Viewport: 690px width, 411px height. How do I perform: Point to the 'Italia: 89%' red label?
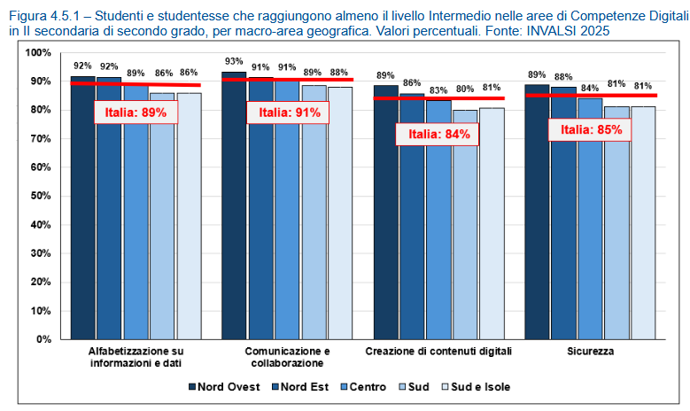pyautogui.click(x=136, y=112)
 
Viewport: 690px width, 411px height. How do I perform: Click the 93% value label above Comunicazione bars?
pyautogui.click(x=234, y=62)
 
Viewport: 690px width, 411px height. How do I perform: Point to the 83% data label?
pyautogui.click(x=438, y=90)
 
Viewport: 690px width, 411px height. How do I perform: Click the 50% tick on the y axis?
pyautogui.click(x=41, y=196)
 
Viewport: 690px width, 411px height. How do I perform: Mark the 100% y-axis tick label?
pyautogui.click(x=38, y=53)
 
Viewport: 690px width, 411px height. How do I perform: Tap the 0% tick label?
pyautogui.click(x=44, y=339)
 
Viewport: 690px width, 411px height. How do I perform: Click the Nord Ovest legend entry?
pyautogui.click(x=226, y=387)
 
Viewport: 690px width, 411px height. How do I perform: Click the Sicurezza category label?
pyautogui.click(x=590, y=352)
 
